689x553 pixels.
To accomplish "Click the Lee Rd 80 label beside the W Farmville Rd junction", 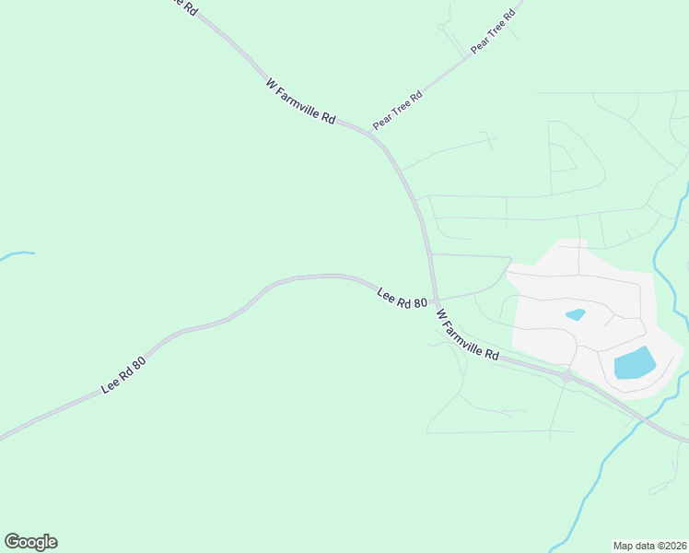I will (x=403, y=298).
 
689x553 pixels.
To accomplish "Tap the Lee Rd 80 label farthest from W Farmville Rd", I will (x=123, y=376).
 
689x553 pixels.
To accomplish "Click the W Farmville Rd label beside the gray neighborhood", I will (x=467, y=335).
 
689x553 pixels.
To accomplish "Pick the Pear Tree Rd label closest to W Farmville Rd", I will (x=397, y=110).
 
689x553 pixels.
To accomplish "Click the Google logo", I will (x=30, y=542).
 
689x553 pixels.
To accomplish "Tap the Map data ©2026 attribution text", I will (x=649, y=545).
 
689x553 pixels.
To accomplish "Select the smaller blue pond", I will (x=575, y=314).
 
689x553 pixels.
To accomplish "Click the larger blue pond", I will (x=634, y=362).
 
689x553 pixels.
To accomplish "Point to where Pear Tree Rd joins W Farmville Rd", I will (x=370, y=133).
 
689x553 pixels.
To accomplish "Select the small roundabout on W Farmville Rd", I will (x=567, y=376).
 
